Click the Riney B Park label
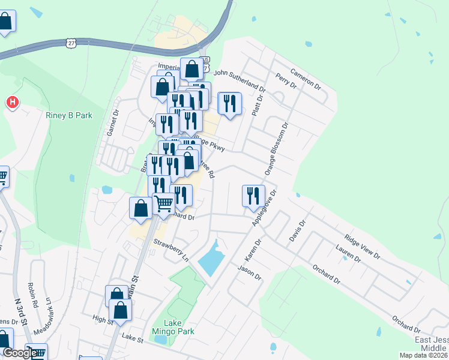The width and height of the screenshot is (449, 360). tap(69, 115)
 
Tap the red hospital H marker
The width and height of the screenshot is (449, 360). tap(12, 103)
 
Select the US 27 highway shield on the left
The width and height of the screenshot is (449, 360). tap(71, 43)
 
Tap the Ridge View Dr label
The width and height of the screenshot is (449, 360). tap(362, 247)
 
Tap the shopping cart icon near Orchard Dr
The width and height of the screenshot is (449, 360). tap(163, 204)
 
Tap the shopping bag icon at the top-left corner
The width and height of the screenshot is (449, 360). tap(5, 21)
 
